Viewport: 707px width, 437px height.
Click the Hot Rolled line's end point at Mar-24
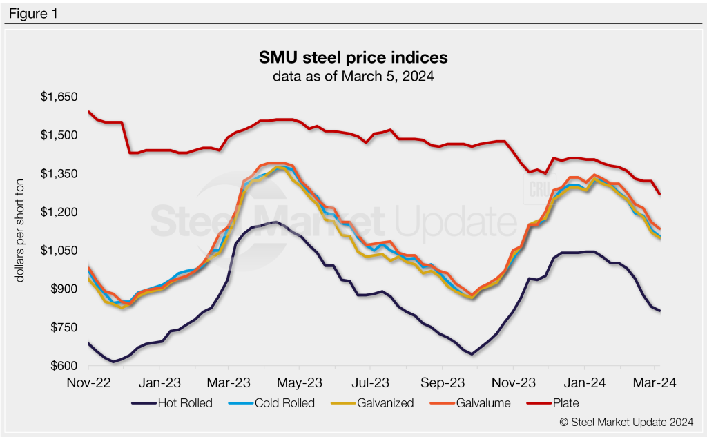coord(659,311)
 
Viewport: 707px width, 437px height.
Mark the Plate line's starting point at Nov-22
coord(89,111)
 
